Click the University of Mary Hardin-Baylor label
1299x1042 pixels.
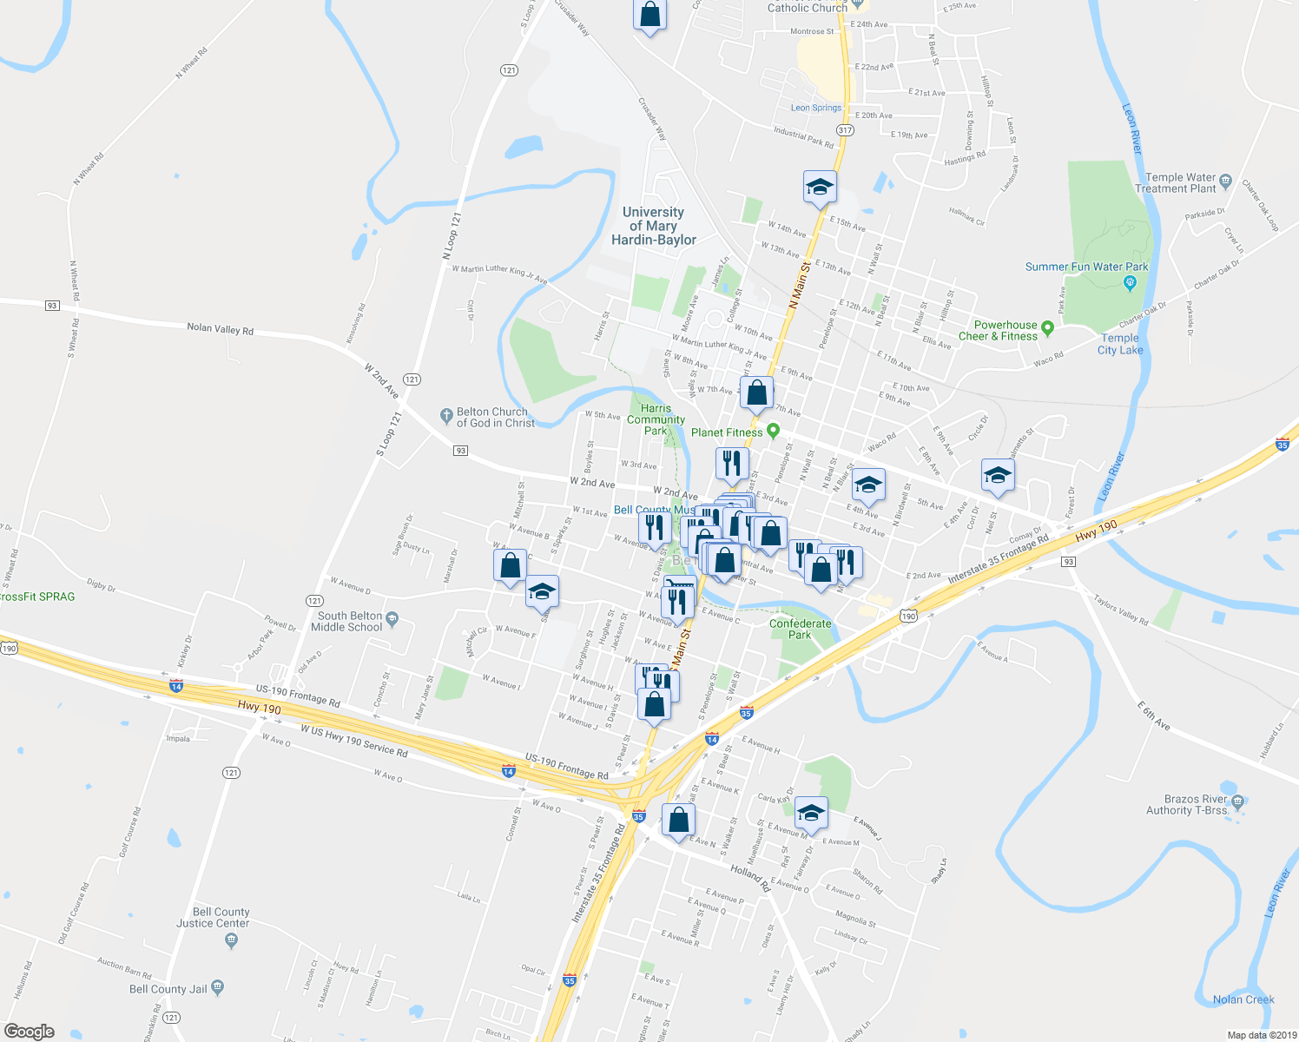tap(653, 226)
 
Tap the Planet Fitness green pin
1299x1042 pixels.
tap(773, 431)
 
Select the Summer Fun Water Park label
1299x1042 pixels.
tap(1086, 267)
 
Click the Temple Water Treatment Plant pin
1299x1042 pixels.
tap(1225, 181)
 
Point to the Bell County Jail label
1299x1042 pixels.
tap(168, 989)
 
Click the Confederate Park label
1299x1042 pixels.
tap(800, 629)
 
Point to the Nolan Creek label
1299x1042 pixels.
tap(1243, 999)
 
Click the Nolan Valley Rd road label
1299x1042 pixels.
tap(220, 329)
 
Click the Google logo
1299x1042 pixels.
tap(30, 1031)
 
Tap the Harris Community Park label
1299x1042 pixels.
tap(656, 419)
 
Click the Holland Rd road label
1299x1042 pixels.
tap(750, 878)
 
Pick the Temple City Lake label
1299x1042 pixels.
tap(1120, 344)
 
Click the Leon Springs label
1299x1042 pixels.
tap(816, 108)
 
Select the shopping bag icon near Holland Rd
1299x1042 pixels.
tap(678, 820)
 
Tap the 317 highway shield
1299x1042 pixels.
tap(845, 130)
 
